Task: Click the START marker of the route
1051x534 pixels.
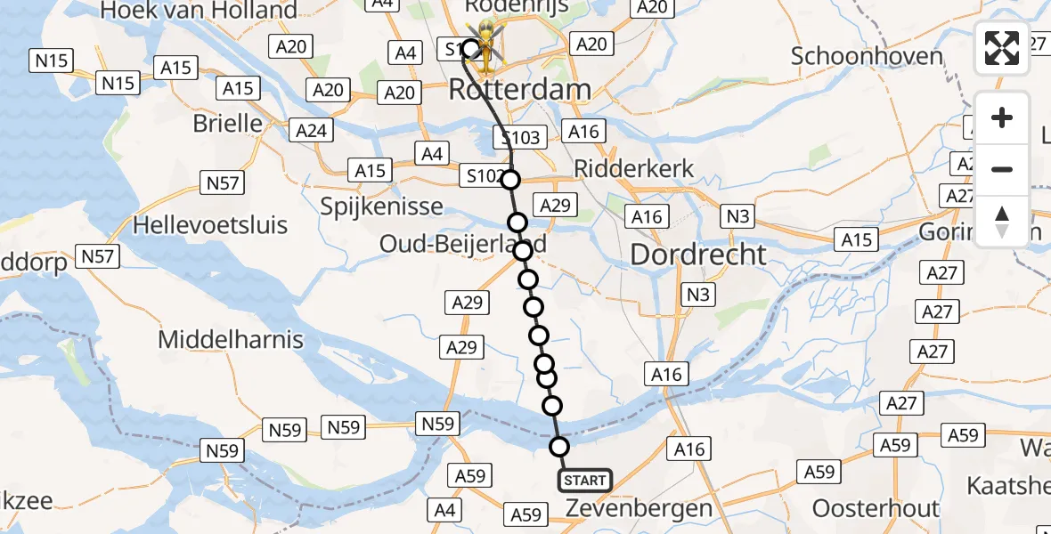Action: pos(584,481)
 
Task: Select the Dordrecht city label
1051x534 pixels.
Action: pos(698,255)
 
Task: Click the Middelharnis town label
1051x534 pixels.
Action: pos(231,339)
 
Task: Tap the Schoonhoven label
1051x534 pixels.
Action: pos(867,56)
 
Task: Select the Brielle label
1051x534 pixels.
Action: pos(228,123)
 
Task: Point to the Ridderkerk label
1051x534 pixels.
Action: pos(634,169)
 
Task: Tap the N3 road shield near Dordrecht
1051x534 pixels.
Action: pos(698,295)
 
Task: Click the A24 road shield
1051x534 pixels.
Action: pos(311,131)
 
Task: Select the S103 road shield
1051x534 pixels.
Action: pos(517,137)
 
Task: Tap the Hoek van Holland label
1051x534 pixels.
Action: pos(200,11)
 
